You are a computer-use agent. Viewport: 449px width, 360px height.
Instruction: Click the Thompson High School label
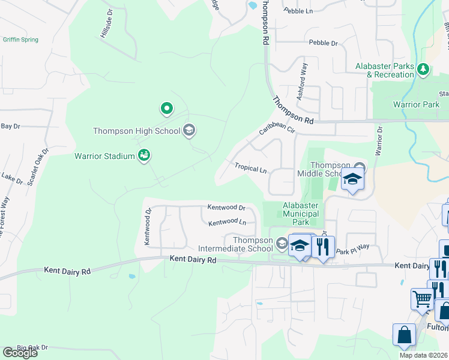click(x=136, y=131)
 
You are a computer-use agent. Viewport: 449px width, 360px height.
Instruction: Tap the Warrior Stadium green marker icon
click(x=143, y=156)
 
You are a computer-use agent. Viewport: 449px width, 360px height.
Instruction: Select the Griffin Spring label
click(x=20, y=40)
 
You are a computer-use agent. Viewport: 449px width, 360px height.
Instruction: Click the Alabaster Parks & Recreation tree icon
click(x=424, y=70)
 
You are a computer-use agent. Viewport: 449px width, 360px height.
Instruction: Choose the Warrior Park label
click(x=416, y=104)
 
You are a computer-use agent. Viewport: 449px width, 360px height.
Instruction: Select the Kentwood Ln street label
click(x=227, y=223)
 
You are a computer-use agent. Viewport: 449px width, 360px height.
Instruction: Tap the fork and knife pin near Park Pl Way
click(x=323, y=246)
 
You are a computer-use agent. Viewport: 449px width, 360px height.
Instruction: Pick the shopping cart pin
click(x=422, y=298)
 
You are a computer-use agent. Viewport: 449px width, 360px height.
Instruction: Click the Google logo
click(x=20, y=353)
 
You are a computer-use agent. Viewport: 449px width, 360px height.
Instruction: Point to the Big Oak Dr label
click(x=32, y=347)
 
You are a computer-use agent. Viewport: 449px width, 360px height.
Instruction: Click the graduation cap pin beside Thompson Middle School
click(x=352, y=179)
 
